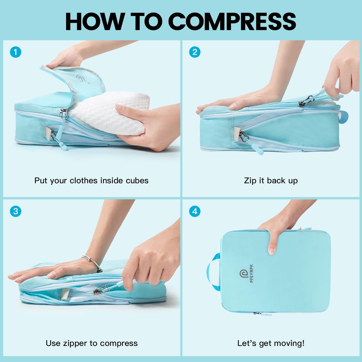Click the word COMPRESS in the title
click(232, 22)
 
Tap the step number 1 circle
click(16, 52)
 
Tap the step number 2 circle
click(195, 52)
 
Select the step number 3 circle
click(16, 211)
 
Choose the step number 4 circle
click(195, 211)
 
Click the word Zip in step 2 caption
click(250, 181)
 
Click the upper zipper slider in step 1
click(64, 114)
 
